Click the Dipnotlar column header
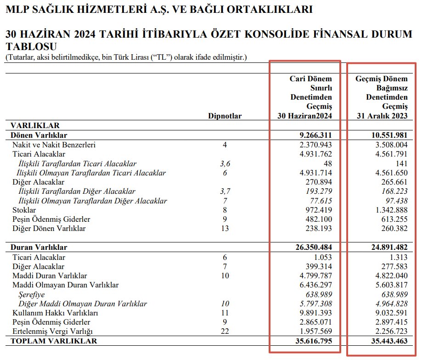225,116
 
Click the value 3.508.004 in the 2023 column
389,145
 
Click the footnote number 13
225,228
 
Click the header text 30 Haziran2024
305,116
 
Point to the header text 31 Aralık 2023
382,116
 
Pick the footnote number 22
225,332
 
